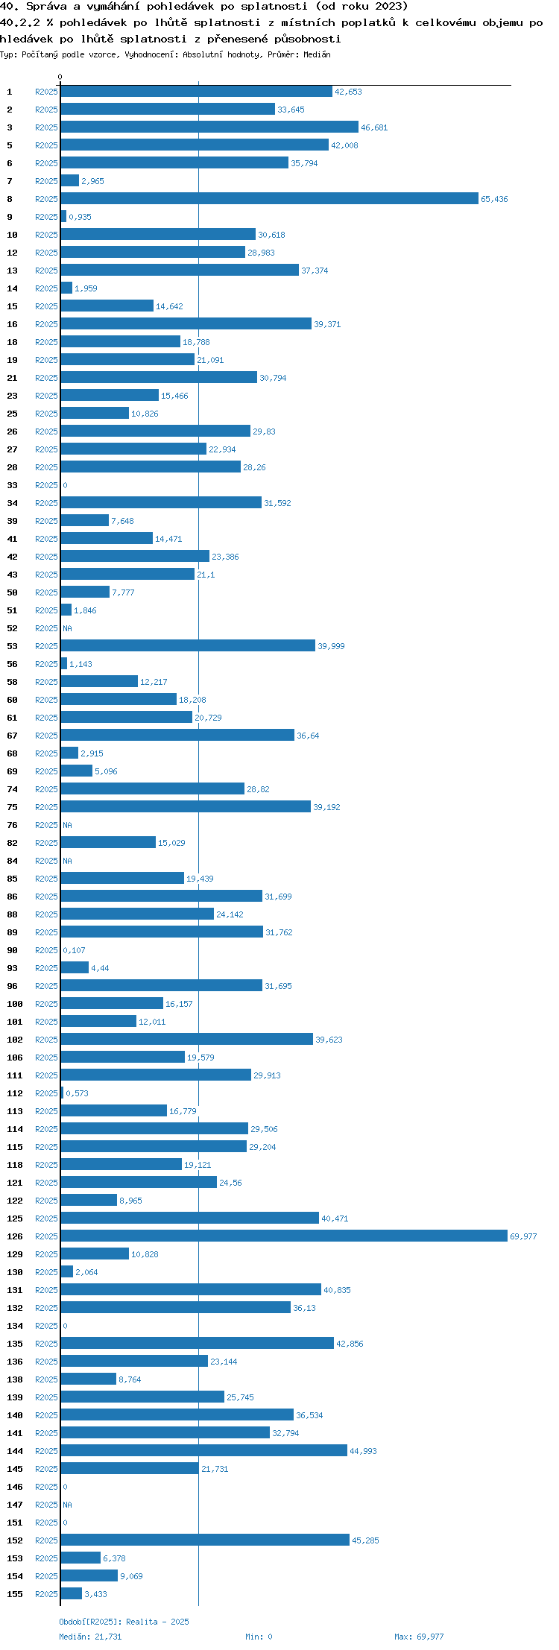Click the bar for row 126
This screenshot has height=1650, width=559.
(284, 1236)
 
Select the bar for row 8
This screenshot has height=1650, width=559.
(270, 199)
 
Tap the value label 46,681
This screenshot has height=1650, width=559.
(374, 127)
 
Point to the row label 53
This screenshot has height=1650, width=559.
(13, 646)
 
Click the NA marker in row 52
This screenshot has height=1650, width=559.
(68, 628)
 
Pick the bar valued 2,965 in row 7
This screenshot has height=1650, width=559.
(70, 181)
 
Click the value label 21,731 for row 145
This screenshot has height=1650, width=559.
(215, 1469)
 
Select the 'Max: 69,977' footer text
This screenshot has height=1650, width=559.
(419, 1637)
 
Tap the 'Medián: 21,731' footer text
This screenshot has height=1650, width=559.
(90, 1637)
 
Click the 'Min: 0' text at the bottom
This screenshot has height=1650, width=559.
(259, 1637)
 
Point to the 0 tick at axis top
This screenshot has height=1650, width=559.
(60, 77)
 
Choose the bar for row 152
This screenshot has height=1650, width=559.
(205, 1540)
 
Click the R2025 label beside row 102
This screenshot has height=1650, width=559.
(46, 1040)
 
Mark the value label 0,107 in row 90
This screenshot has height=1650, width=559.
(75, 950)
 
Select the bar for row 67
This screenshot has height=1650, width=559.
(177, 736)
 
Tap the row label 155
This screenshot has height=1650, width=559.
(15, 1594)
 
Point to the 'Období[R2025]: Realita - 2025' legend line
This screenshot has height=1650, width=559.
(124, 1622)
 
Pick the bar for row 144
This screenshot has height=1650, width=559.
(204, 1451)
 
